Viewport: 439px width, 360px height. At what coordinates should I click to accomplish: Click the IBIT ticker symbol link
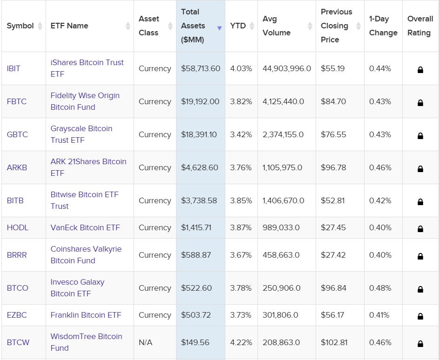click(x=14, y=68)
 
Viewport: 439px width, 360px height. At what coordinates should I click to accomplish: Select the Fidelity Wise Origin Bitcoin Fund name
click(x=85, y=101)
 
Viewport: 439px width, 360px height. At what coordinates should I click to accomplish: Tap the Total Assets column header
click(x=193, y=26)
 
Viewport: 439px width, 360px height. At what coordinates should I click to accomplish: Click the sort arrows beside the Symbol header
click(x=40, y=26)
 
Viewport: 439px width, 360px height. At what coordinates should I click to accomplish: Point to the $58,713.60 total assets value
click(x=201, y=68)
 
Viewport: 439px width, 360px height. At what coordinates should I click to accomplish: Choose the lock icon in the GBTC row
click(x=420, y=136)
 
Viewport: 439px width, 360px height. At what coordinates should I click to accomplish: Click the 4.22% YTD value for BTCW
click(x=241, y=342)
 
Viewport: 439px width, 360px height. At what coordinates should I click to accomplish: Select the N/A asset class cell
click(x=145, y=342)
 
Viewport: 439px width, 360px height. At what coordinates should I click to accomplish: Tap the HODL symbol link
click(x=18, y=227)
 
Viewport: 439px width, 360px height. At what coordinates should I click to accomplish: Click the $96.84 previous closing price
click(x=333, y=288)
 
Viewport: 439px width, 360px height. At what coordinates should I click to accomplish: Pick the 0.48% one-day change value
click(x=380, y=288)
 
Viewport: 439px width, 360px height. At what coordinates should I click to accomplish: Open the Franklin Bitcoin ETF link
click(x=86, y=315)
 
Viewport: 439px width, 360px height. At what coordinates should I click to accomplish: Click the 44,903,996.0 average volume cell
click(x=286, y=68)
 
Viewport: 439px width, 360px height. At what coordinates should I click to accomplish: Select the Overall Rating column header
click(x=420, y=26)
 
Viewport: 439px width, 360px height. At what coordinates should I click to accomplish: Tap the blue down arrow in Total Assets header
click(x=219, y=28)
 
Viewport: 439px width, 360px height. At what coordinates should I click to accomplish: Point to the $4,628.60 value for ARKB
click(x=200, y=167)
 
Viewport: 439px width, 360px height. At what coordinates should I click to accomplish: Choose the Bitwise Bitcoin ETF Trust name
click(x=84, y=200)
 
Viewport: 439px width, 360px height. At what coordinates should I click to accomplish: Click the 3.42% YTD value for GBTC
click(x=241, y=134)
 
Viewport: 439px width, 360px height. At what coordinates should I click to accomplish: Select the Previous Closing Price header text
click(x=336, y=26)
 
